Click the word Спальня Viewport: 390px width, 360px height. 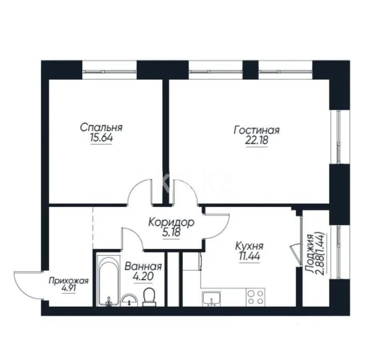click(101, 128)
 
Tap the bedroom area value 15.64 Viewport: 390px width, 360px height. click(101, 138)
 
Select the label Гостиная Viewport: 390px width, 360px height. click(257, 130)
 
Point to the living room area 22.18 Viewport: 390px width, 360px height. click(257, 141)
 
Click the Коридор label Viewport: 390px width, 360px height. click(171, 223)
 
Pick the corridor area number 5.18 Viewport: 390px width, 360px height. click(171, 233)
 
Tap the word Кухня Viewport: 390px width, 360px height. click(249, 246)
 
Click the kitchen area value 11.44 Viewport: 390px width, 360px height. click(249, 256)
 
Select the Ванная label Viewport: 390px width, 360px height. click(143, 267)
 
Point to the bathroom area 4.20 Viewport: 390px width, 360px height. click(143, 276)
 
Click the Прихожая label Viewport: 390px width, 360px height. click(68, 281)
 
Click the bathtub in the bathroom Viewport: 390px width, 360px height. click(108, 280)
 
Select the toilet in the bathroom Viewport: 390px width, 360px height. click(149, 297)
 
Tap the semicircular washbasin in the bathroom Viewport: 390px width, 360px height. click(129, 300)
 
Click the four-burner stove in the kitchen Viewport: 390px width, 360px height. click(255, 297)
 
